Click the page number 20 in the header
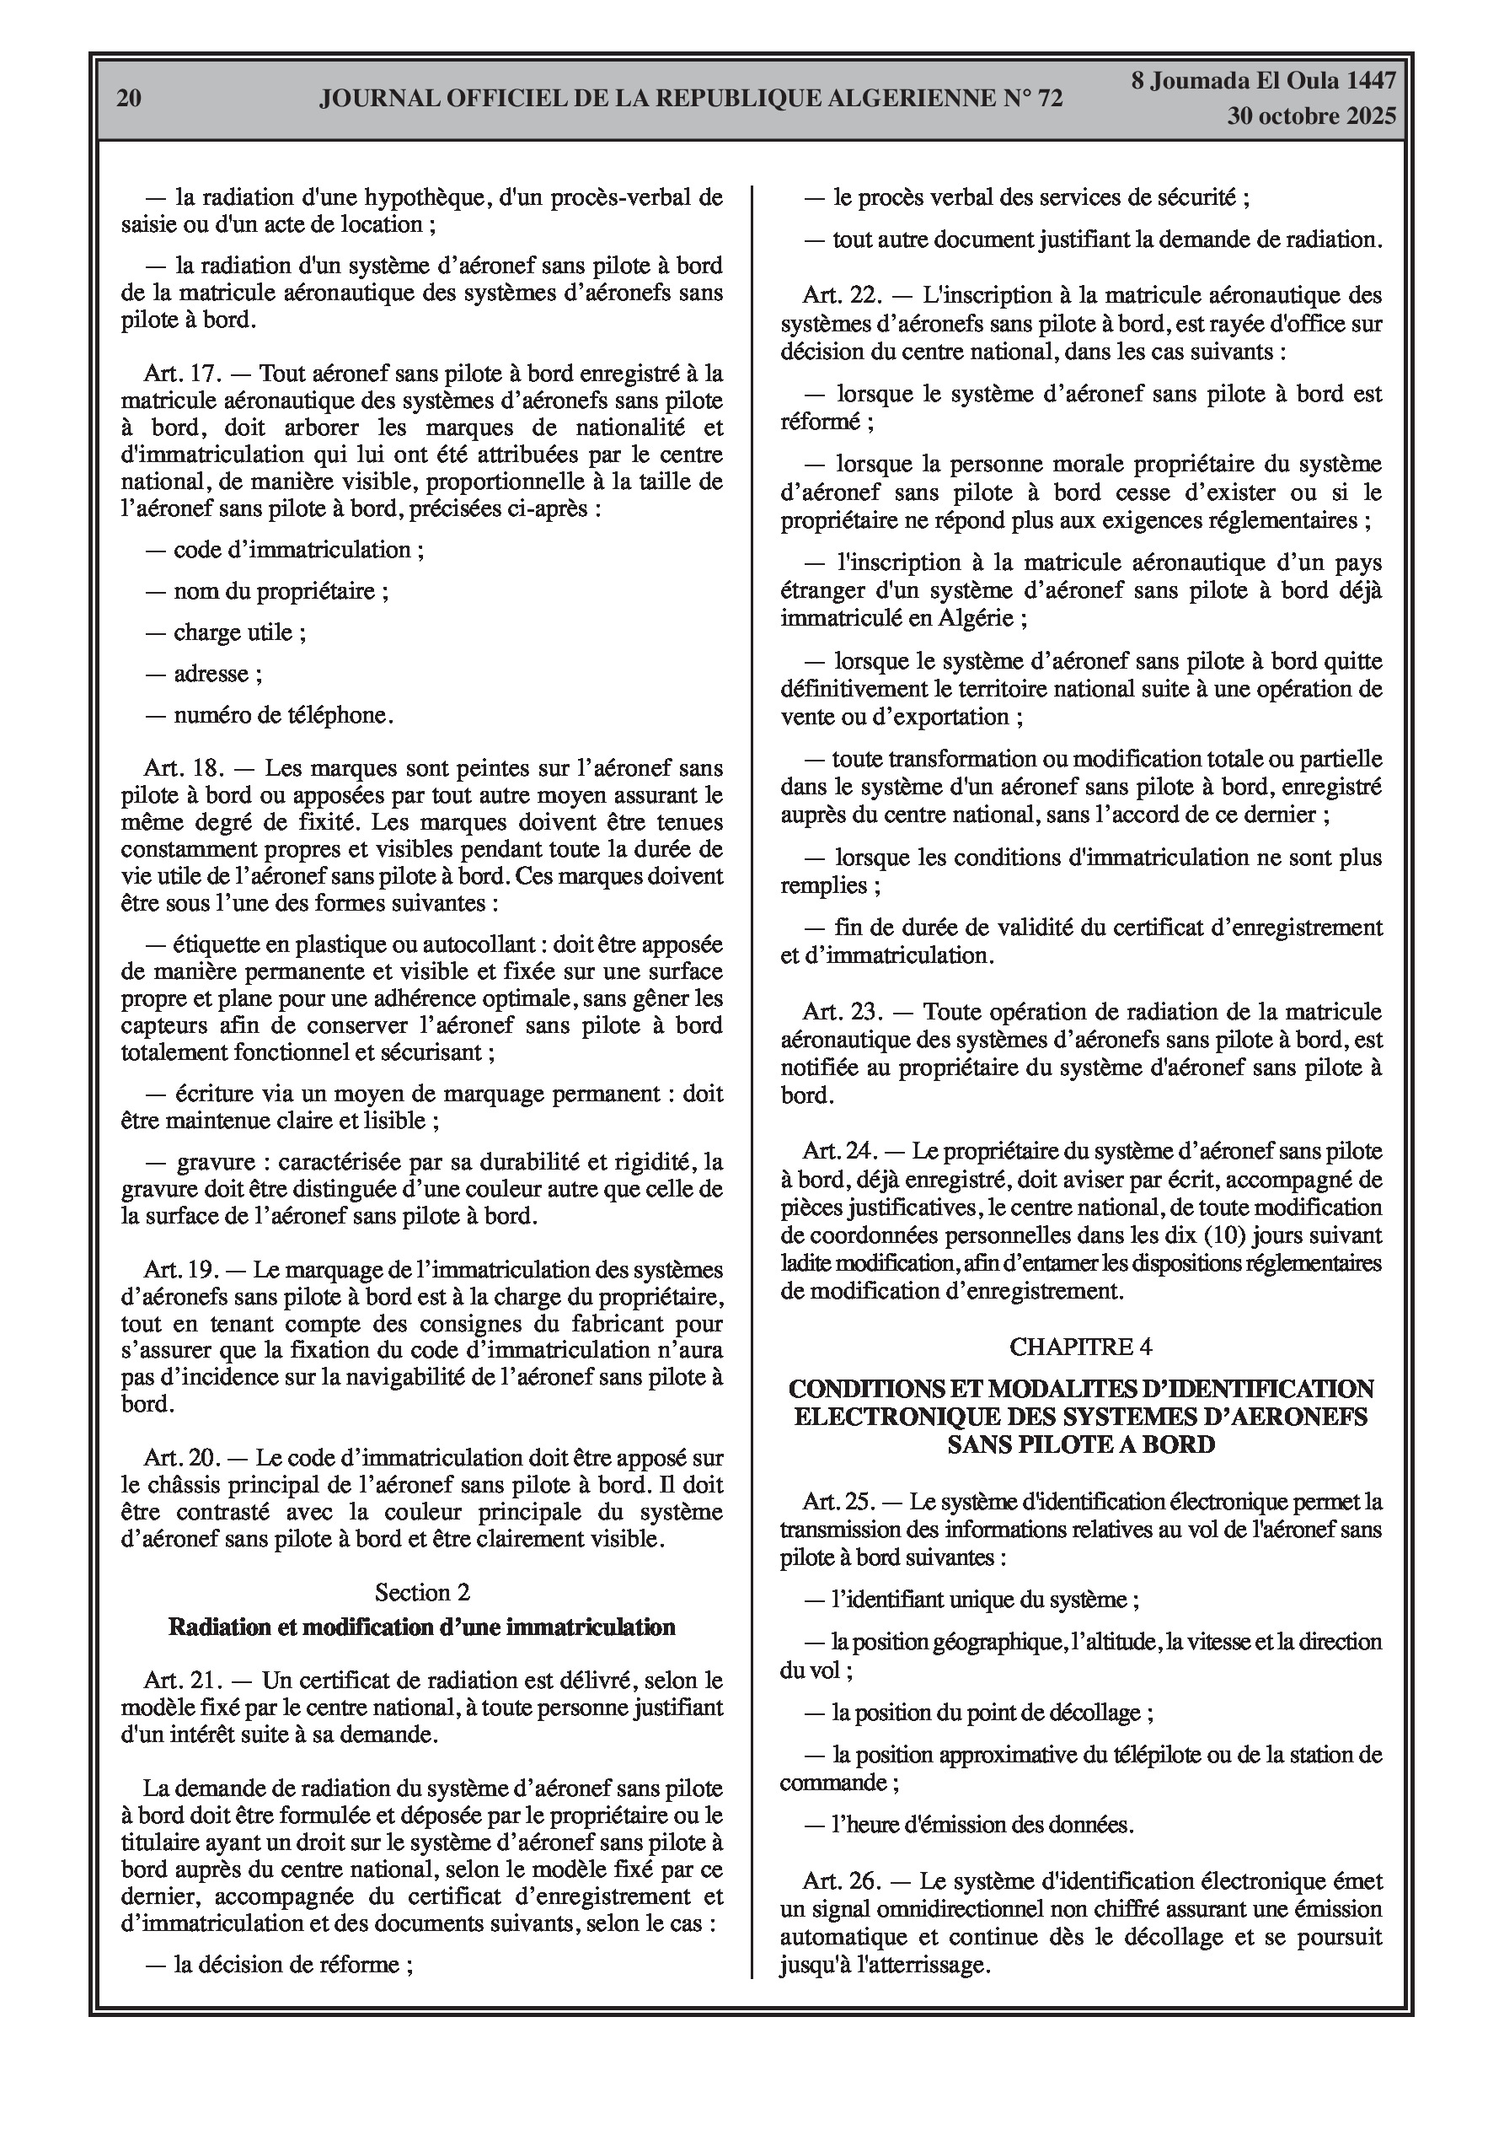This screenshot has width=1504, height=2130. [x=129, y=99]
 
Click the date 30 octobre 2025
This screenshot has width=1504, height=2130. [x=1311, y=117]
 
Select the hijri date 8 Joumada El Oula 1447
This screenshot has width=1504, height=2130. [x=1263, y=81]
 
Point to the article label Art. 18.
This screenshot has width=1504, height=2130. [x=184, y=768]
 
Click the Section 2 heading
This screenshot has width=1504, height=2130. [x=422, y=1592]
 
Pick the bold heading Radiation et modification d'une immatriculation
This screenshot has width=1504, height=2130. [x=422, y=1627]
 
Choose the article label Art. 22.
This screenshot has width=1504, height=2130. [x=840, y=296]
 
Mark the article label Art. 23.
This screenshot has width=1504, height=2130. [x=840, y=1011]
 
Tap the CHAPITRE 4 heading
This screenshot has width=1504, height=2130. [x=1080, y=1346]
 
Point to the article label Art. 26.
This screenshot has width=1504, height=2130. [x=840, y=1881]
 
